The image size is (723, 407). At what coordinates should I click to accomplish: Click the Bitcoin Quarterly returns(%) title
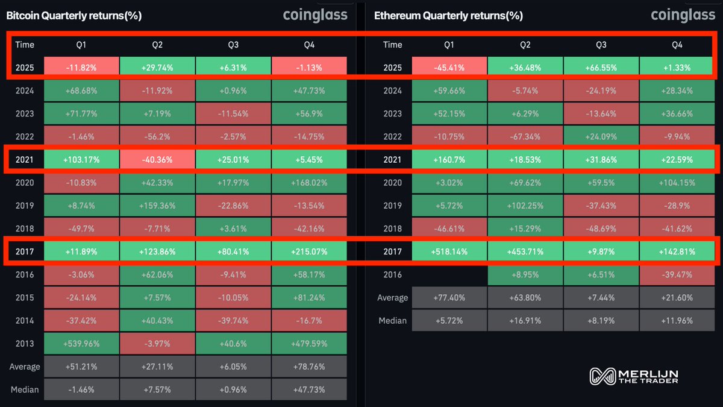pyautogui.click(x=74, y=16)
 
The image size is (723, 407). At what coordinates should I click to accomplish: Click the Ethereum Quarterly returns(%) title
pyautogui.click(x=448, y=16)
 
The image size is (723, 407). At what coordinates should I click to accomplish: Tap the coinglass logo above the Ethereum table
pyautogui.click(x=683, y=15)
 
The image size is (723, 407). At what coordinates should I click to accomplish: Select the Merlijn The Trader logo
pyautogui.click(x=633, y=376)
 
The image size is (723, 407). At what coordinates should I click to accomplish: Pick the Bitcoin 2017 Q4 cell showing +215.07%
pyautogui.click(x=309, y=251)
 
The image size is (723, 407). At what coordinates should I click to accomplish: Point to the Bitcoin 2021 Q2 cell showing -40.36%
pyautogui.click(x=157, y=160)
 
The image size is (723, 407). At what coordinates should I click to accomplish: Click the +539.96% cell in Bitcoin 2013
pyautogui.click(x=81, y=344)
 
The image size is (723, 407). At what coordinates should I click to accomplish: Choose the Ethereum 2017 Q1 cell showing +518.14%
pyautogui.click(x=449, y=251)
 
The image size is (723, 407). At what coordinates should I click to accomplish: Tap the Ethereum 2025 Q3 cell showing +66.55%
pyautogui.click(x=601, y=68)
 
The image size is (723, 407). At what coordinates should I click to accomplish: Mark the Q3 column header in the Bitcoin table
pyautogui.click(x=233, y=45)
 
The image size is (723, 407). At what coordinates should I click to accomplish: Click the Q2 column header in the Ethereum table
pyautogui.click(x=525, y=45)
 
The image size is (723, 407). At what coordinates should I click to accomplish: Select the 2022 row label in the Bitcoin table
pyautogui.click(x=25, y=137)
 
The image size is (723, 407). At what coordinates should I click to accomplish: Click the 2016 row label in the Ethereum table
pyautogui.click(x=393, y=274)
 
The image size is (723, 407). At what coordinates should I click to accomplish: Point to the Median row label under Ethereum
pyautogui.click(x=392, y=321)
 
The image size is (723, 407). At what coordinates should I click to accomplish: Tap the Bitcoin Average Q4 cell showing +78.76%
pyautogui.click(x=309, y=367)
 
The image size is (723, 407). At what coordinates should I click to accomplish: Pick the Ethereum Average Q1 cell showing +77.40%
pyautogui.click(x=449, y=298)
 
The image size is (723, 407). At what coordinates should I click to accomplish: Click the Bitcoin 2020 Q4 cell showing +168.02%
pyautogui.click(x=309, y=183)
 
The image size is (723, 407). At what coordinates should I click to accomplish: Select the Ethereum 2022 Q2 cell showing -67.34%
pyautogui.click(x=525, y=137)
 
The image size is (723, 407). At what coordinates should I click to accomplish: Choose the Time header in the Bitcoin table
pyautogui.click(x=25, y=45)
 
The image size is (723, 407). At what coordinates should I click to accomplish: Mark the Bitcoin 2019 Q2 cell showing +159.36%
pyautogui.click(x=157, y=206)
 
